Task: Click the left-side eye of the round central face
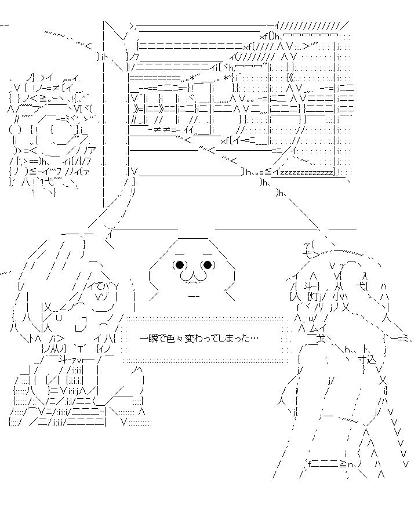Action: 179,266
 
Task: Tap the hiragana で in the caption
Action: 162,339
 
